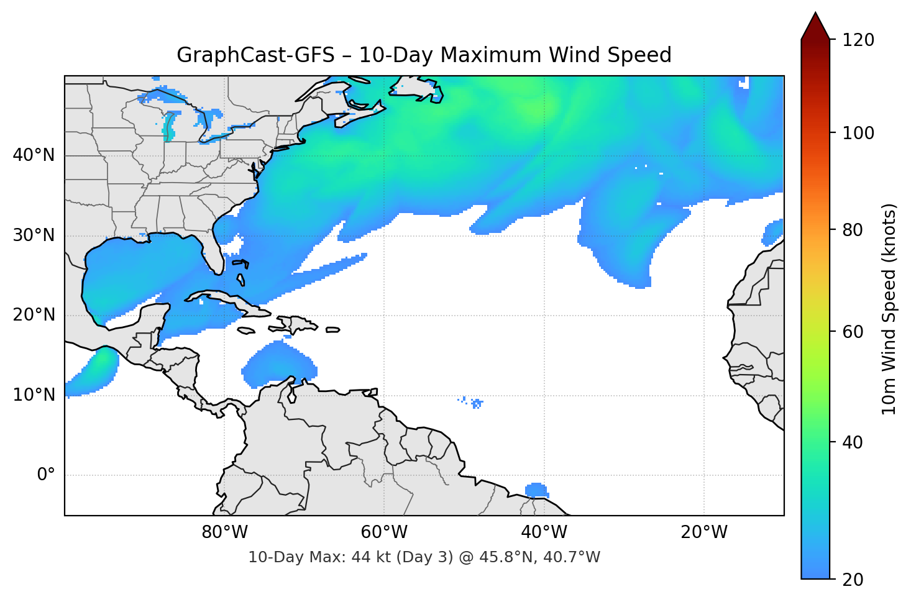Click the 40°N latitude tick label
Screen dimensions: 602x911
click(34, 155)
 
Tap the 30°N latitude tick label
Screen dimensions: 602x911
click(34, 235)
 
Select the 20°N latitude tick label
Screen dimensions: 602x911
click(34, 315)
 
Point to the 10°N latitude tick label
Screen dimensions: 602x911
click(34, 395)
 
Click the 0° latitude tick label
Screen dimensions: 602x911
click(46, 475)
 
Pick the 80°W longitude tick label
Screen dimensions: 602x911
click(225, 532)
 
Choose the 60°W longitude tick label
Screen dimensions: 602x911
click(385, 532)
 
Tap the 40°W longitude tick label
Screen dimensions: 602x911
click(544, 532)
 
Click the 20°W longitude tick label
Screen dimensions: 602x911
click(704, 532)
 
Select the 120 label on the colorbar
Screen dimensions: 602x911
click(858, 40)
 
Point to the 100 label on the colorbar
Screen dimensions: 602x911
click(858, 133)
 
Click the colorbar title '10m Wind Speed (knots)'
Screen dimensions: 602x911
click(889, 309)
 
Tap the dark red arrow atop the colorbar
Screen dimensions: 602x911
click(815, 26)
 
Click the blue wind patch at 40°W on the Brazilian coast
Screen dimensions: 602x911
click(536, 490)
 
